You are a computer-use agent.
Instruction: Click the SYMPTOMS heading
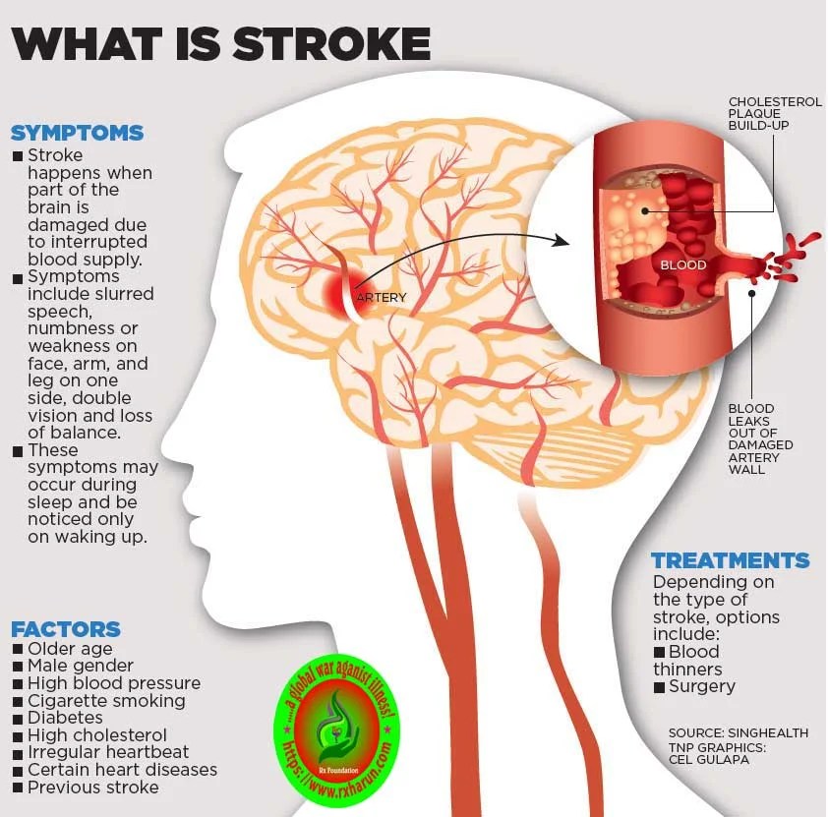(x=77, y=133)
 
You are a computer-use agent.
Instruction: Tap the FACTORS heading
(x=66, y=629)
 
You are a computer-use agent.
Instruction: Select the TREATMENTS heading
(x=731, y=560)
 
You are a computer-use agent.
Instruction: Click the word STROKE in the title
(x=331, y=43)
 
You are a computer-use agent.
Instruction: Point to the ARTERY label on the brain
(x=382, y=298)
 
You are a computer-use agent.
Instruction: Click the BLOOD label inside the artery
(x=682, y=264)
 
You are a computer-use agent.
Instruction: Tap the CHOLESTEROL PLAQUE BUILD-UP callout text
(x=775, y=113)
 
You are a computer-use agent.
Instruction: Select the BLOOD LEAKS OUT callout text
(x=760, y=438)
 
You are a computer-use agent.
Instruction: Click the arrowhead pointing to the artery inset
(x=561, y=241)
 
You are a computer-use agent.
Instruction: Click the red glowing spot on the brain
(x=343, y=291)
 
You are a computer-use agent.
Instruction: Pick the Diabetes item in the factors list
(x=65, y=718)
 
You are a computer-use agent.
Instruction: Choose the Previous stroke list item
(x=93, y=788)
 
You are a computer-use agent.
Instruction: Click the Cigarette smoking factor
(x=106, y=701)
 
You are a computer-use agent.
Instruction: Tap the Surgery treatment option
(x=702, y=686)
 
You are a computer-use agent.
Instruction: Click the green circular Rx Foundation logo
(x=337, y=733)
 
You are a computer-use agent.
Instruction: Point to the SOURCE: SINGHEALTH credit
(x=739, y=733)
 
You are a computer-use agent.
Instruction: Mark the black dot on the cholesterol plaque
(x=645, y=210)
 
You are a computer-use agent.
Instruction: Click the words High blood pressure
(x=114, y=683)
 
